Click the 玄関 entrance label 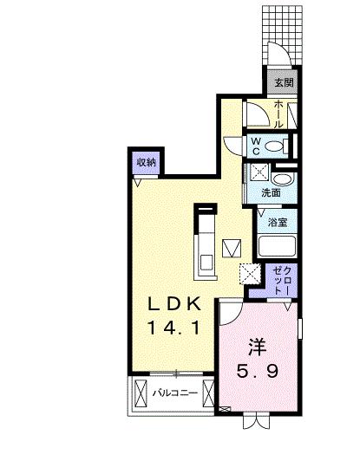coord(285,83)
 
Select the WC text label coord(257,146)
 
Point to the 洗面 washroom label coord(271,192)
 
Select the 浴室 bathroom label coord(277,223)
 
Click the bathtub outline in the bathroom coord(278,244)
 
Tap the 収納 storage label coord(146,162)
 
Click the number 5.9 coord(258,373)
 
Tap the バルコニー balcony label coord(175,393)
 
